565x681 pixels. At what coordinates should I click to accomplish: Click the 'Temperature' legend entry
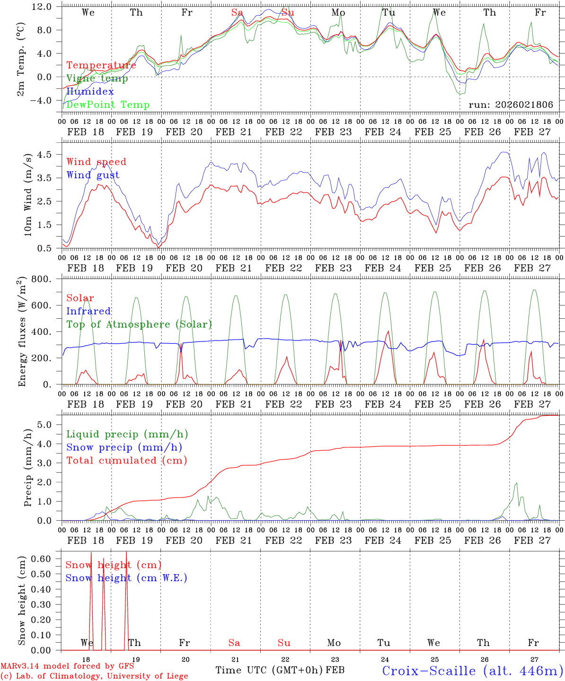click(101, 65)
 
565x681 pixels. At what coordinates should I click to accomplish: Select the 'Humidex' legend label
click(90, 91)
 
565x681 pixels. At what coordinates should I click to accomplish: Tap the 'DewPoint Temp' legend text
click(108, 105)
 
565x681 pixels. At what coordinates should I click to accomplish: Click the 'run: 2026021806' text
click(511, 105)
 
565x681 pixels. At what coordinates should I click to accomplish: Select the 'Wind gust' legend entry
click(93, 175)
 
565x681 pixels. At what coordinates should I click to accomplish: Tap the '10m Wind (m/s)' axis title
click(27, 194)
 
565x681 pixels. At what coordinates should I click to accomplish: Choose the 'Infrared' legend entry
click(88, 311)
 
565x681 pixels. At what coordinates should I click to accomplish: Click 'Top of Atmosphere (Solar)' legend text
click(139, 324)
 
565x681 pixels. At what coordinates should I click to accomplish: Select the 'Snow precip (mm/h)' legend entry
click(124, 447)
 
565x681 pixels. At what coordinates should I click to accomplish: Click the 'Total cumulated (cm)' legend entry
click(126, 460)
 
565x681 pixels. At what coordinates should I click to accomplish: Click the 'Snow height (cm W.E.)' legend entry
click(126, 578)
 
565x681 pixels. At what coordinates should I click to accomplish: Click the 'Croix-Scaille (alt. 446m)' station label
click(472, 671)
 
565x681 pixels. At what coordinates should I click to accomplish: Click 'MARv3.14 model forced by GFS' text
click(67, 666)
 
